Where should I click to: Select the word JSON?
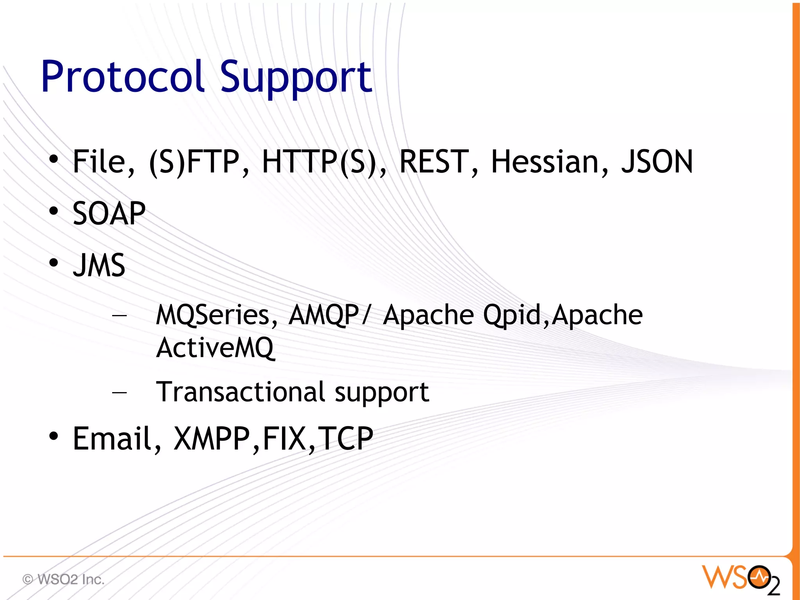pyautogui.click(x=657, y=162)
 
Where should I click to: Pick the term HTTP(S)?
pyautogui.click(x=323, y=162)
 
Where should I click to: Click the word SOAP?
pyautogui.click(x=109, y=213)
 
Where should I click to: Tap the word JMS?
pyautogui.click(x=99, y=265)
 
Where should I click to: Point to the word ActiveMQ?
pyautogui.click(x=215, y=347)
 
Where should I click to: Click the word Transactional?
pyautogui.click(x=240, y=392)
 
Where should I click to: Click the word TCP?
pyautogui.click(x=345, y=439)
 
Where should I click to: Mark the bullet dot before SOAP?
pyautogui.click(x=54, y=211)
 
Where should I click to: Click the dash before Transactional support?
pyautogui.click(x=119, y=392)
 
